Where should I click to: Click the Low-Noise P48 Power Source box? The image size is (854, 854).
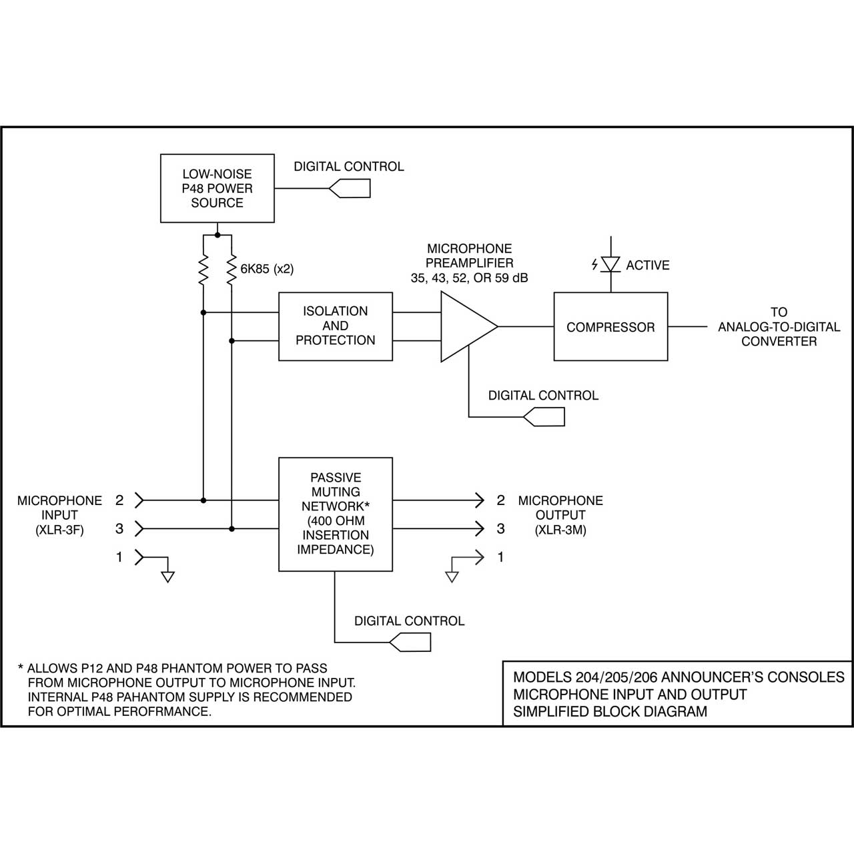coord(217,188)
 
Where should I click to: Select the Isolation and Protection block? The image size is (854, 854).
coord(336,326)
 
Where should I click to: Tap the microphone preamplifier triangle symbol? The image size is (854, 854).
coord(469,327)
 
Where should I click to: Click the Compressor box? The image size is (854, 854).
coord(610,327)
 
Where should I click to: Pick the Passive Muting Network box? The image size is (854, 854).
coord(336,514)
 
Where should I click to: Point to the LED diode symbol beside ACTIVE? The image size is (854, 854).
coord(610,264)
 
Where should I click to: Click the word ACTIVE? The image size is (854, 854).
coord(647,265)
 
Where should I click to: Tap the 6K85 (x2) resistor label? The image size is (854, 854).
coord(267,269)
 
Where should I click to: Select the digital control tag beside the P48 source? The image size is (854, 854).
coord(350,188)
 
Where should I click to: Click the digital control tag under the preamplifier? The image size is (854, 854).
coord(544,417)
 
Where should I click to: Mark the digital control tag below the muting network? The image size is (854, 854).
coord(410,642)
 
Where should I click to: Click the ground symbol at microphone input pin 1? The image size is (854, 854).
coord(167,577)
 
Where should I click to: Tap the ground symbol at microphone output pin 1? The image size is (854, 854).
coord(452,577)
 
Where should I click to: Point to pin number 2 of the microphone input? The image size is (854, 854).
coord(119,500)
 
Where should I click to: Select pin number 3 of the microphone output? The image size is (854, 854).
coord(501,528)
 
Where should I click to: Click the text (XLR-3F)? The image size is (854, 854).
coord(59,530)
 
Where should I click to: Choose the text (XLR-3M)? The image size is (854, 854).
coord(560,530)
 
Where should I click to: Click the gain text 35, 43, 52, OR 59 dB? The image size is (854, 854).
coord(469,278)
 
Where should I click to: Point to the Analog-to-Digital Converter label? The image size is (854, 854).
coord(779,327)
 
